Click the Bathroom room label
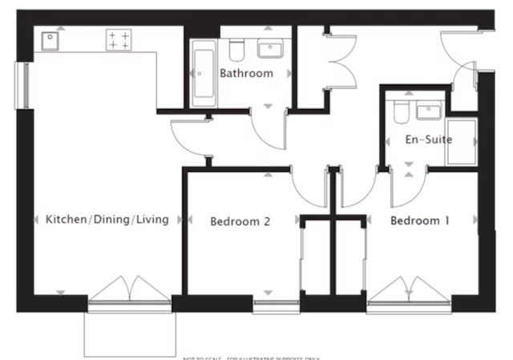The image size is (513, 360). [246, 73]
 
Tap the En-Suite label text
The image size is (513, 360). [428, 140]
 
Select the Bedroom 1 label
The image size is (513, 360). [419, 220]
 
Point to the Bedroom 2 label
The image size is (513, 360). [240, 221]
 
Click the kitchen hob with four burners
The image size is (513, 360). [119, 41]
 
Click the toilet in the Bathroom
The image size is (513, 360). [236, 51]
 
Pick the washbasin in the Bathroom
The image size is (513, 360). [269, 50]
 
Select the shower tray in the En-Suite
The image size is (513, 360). [461, 141]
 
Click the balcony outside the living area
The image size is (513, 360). [130, 330]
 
